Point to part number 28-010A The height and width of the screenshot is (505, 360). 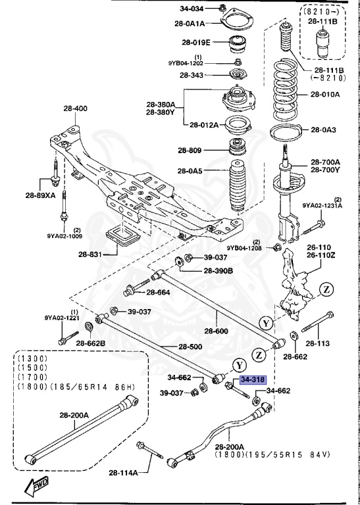(x=325, y=94)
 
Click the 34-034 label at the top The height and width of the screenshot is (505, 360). (x=192, y=9)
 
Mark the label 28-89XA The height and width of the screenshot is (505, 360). (x=41, y=195)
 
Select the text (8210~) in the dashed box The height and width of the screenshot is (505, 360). (x=322, y=12)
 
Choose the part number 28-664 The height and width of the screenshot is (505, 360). (x=158, y=292)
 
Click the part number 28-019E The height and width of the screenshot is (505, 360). (x=197, y=43)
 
